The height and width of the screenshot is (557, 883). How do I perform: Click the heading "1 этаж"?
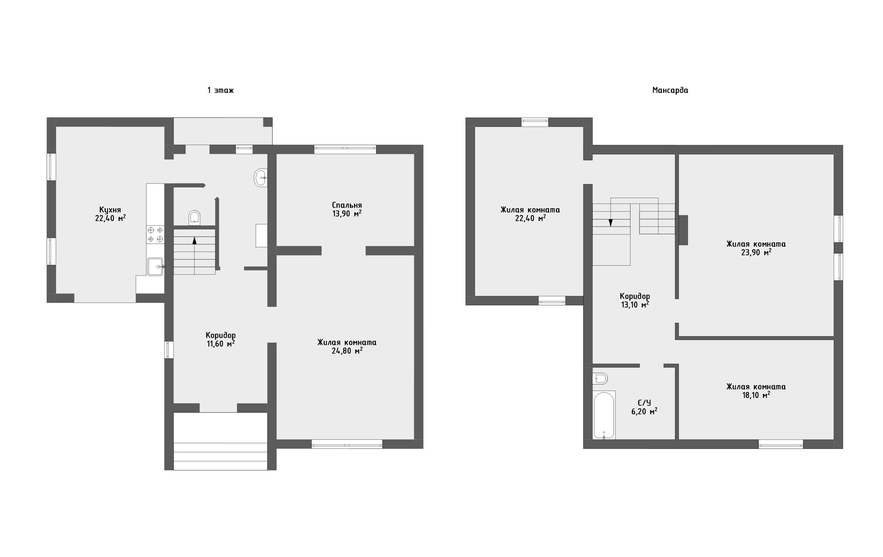point(220,91)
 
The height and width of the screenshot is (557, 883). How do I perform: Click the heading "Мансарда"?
point(670,91)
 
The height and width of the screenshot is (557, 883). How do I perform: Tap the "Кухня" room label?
point(110,210)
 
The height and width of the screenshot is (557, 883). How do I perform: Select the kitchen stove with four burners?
point(155,234)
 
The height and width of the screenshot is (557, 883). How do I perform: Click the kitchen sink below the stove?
point(155,267)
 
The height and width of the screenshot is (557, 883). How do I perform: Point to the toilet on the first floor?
point(195,218)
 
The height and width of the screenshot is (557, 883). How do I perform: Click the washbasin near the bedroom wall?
point(260,177)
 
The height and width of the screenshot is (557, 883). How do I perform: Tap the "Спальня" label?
point(347,205)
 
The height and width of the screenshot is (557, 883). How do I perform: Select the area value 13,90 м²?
point(347,214)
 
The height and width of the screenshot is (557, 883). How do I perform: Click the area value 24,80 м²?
point(347,351)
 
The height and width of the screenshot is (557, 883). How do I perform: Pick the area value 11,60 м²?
point(221,343)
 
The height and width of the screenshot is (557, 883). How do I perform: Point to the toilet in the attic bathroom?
point(600,379)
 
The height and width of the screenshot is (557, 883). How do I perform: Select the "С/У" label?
point(645,403)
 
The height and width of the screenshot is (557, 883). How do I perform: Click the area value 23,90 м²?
point(756,252)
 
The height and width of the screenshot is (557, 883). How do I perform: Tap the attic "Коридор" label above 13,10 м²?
point(635,296)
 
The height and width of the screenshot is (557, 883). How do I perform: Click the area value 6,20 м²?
point(644,412)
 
